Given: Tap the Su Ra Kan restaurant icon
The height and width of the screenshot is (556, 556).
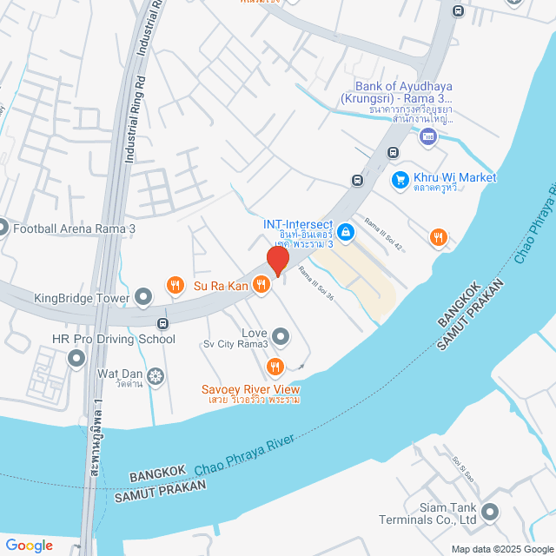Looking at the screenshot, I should coord(175,285).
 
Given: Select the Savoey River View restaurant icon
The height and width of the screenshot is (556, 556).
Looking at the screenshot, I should coord(276,366).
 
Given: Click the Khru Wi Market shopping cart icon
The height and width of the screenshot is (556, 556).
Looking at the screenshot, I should coord(400,179).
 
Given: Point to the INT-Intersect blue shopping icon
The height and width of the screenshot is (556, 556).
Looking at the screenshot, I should coord(346,232).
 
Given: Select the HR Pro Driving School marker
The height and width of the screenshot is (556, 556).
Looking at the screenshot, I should coord(77,357).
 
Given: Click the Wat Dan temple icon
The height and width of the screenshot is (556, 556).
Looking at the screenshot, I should coord(156,376).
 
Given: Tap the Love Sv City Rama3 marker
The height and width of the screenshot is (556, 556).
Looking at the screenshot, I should coord(281,335).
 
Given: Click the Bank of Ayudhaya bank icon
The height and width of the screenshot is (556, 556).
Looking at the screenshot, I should coord(427,136).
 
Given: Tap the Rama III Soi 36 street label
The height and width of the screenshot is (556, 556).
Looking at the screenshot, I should coord(317,284).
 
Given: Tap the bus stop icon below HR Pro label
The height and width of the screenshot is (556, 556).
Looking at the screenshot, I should coord(162,323).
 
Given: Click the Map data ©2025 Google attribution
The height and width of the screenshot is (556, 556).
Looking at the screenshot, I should coord(500,548).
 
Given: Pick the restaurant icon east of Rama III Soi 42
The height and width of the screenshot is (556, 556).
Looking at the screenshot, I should coord(439,236).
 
